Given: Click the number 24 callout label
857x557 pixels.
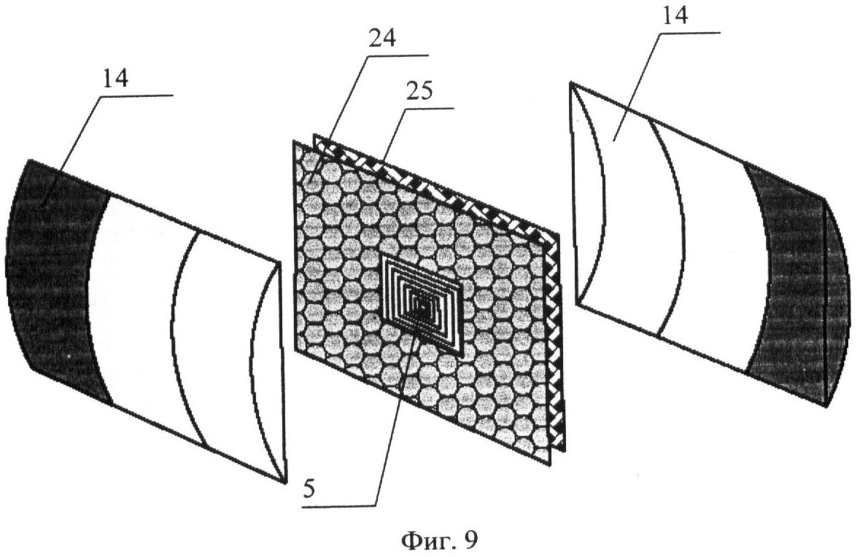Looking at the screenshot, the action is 382,39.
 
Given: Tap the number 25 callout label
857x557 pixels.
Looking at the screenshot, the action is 418,90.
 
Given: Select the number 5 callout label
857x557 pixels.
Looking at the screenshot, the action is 309,489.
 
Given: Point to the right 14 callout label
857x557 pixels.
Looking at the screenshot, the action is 672,14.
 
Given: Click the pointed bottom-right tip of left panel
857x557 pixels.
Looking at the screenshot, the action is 285,483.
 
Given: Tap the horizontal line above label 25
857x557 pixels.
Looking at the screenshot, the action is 429,109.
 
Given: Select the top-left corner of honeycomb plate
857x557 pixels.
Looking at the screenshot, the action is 295,141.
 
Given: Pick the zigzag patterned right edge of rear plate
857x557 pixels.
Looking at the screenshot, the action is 557,344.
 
